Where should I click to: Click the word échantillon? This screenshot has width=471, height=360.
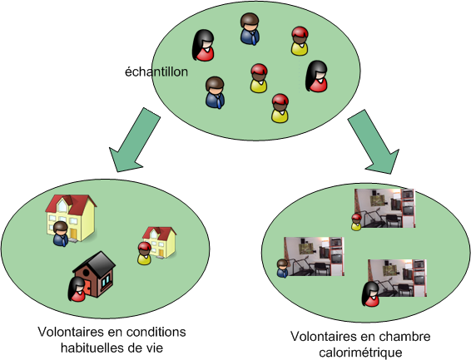pyautogui.click(x=156, y=72)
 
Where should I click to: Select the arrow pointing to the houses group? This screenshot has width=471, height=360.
pyautogui.click(x=134, y=141)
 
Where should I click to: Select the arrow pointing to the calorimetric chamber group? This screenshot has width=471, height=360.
pyautogui.click(x=374, y=141)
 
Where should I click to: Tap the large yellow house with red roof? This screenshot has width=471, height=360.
pyautogui.click(x=71, y=218)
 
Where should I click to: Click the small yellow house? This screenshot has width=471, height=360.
pyautogui.click(x=160, y=242)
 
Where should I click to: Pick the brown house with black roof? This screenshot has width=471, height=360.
pyautogui.click(x=94, y=274)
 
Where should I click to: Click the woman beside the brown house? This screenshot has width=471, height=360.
pyautogui.click(x=77, y=289)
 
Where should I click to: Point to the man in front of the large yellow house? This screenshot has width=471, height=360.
pyautogui.click(x=61, y=234)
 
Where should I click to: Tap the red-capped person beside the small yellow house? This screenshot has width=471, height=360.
pyautogui.click(x=144, y=254)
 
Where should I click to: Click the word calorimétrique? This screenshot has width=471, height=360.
pyautogui.click(x=360, y=353)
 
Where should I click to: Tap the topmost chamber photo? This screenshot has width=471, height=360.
pyautogui.click(x=384, y=208)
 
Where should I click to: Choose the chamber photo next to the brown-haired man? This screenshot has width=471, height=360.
pyautogui.click(x=314, y=257)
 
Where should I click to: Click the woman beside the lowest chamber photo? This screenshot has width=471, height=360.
pyautogui.click(x=370, y=294)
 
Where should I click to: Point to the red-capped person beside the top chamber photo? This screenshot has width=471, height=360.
pyautogui.click(x=356, y=222)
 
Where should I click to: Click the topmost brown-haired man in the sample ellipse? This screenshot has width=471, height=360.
pyautogui.click(x=250, y=29)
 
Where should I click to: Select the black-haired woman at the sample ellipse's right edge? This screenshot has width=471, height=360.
pyautogui.click(x=316, y=76)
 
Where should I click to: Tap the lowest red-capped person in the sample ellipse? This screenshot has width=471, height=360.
pyautogui.click(x=280, y=108)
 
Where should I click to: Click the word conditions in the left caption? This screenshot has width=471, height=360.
pyautogui.click(x=156, y=332)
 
